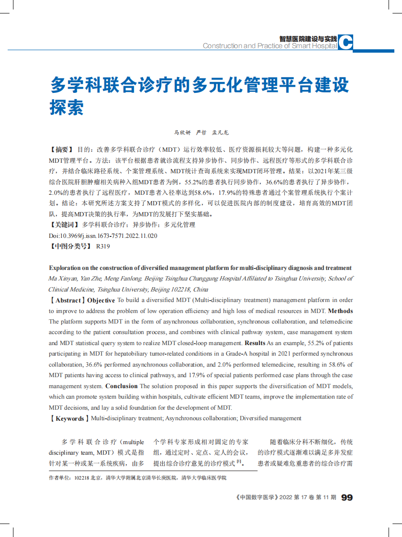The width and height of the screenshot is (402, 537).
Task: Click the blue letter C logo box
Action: click(x=346, y=43)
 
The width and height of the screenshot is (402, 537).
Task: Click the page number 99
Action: click(x=347, y=498)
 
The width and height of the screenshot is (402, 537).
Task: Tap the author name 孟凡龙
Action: click(x=221, y=133)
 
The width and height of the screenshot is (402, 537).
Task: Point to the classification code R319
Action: click(x=103, y=246)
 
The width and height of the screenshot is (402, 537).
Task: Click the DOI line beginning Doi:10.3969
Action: click(x=103, y=235)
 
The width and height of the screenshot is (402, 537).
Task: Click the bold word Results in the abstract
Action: click(x=255, y=343)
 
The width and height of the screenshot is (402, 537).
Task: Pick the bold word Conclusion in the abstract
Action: click(x=121, y=386)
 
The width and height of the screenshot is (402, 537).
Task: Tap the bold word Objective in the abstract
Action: click(x=101, y=301)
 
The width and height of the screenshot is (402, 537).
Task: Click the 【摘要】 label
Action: click(x=61, y=150)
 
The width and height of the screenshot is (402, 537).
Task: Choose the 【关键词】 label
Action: click(x=64, y=224)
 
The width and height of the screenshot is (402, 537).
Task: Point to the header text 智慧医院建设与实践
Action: click(x=309, y=38)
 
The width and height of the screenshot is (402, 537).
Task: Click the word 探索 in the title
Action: click(x=67, y=107)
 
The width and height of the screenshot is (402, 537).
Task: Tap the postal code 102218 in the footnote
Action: click(x=82, y=478)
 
